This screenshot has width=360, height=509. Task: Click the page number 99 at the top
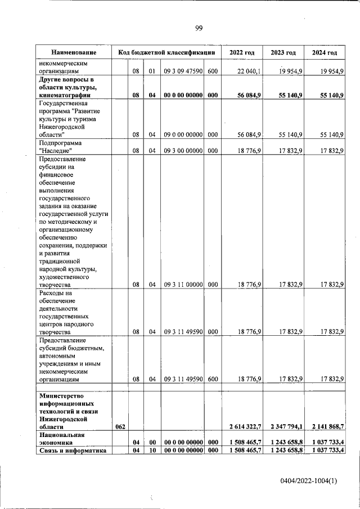coord(199,29)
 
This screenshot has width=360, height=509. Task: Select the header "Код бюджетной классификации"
coord(166,52)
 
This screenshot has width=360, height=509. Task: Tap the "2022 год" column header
coord(242,52)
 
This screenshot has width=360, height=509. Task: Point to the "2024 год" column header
coord(324,52)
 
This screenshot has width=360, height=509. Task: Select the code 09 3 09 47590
coord(183,71)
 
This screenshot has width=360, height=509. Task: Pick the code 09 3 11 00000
coord(183,285)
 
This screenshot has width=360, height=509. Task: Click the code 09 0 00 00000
coord(183,134)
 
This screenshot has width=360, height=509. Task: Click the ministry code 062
coord(120,427)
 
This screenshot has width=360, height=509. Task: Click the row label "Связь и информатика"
coord(71,450)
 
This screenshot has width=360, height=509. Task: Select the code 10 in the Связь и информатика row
coord(152,450)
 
